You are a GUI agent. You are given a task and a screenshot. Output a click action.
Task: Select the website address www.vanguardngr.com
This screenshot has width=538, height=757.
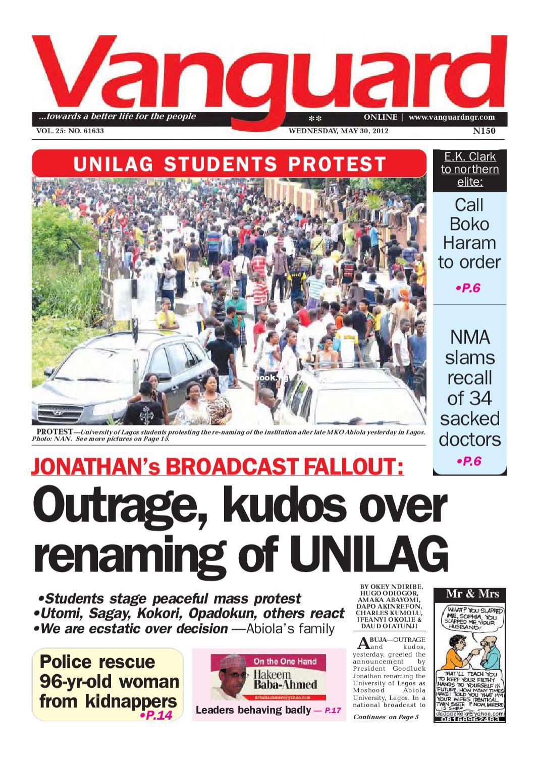tap(451, 118)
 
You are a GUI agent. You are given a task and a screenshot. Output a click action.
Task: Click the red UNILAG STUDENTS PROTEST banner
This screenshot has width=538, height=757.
tap(230, 165)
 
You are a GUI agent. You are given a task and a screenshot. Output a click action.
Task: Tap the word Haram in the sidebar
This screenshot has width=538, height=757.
tap(469, 243)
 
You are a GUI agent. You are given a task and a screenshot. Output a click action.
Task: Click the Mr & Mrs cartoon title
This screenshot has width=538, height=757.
tap(469, 594)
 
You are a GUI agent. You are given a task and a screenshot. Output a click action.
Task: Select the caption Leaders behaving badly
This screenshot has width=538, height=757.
tap(253, 710)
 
